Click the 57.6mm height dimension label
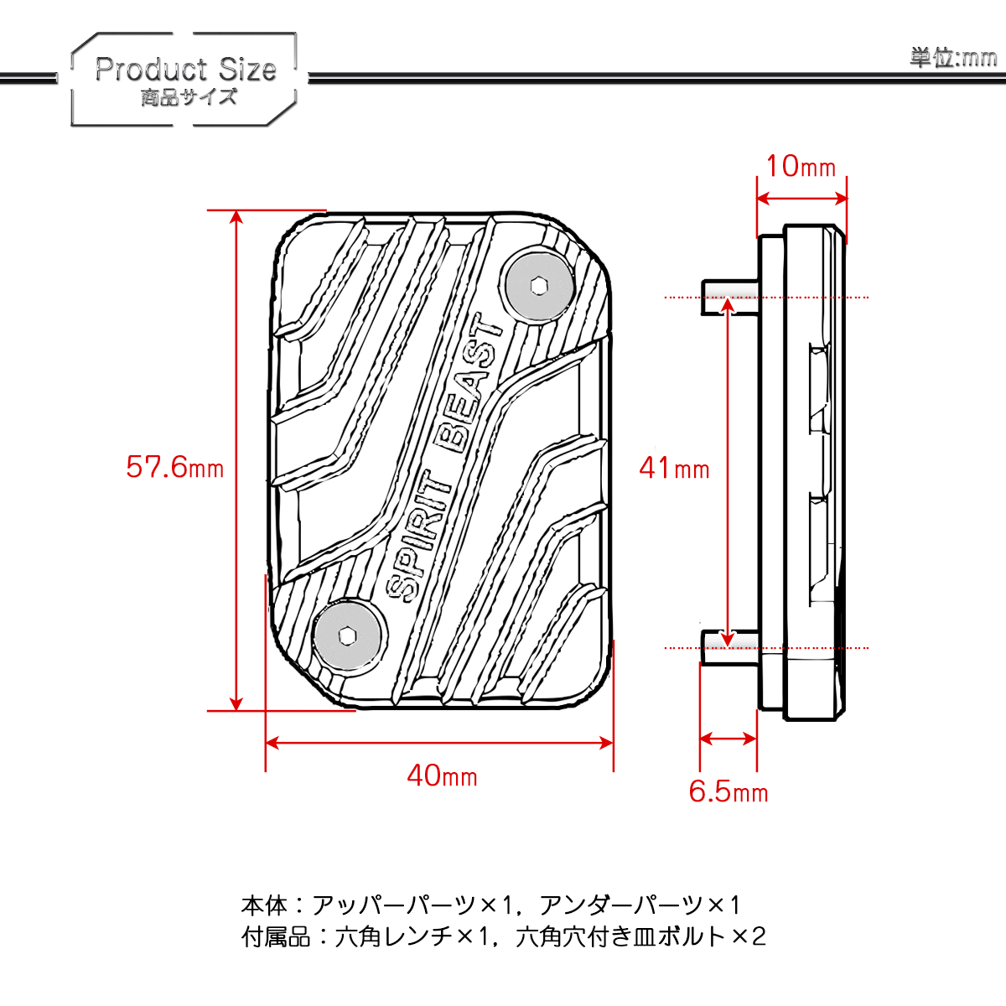(x=175, y=467)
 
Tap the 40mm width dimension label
(x=442, y=775)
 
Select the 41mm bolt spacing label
(x=675, y=468)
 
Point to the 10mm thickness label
(x=801, y=167)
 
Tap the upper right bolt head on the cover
(x=538, y=286)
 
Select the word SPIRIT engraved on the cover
(x=417, y=537)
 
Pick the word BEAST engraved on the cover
(x=469, y=383)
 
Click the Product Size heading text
(x=185, y=69)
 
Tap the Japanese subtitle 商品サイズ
(x=189, y=97)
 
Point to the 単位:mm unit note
(x=953, y=58)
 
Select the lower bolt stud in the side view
(x=729, y=648)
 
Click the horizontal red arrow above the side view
(x=801, y=199)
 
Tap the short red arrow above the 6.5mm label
(x=728, y=739)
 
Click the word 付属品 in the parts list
(x=276, y=937)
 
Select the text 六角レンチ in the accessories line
(x=394, y=937)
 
